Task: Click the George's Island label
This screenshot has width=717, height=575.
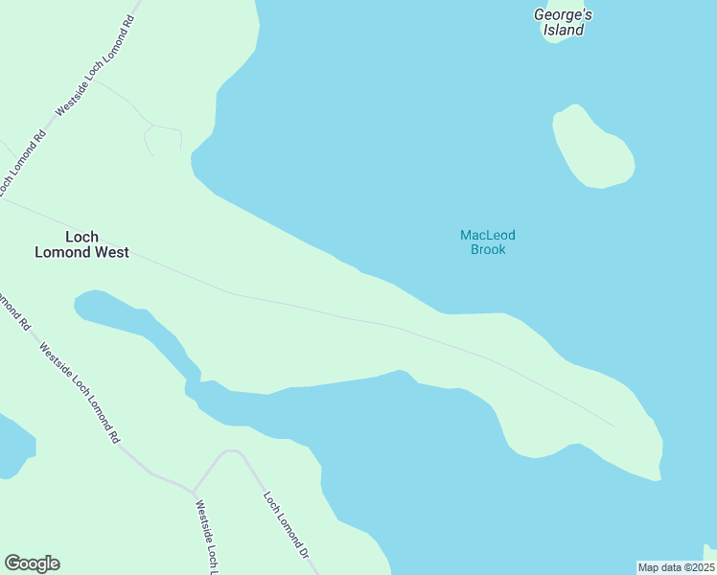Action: [564, 22]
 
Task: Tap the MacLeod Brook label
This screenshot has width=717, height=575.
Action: [488, 241]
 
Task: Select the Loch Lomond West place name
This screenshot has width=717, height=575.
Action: [81, 244]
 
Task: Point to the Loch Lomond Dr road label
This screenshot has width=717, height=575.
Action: [287, 524]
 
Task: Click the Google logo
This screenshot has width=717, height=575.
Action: [32, 563]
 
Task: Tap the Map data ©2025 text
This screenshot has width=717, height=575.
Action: [676, 567]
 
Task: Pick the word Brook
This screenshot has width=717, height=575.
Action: [488, 250]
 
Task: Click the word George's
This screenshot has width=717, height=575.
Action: [564, 14]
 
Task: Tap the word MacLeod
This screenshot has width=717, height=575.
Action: [488, 235]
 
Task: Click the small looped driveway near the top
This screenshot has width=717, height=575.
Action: [163, 139]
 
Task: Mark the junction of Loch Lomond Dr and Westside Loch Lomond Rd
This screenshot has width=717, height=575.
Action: [193, 492]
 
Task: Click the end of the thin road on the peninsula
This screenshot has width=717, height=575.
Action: [614, 426]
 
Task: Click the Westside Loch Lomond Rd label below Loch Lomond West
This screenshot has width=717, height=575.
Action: [79, 393]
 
